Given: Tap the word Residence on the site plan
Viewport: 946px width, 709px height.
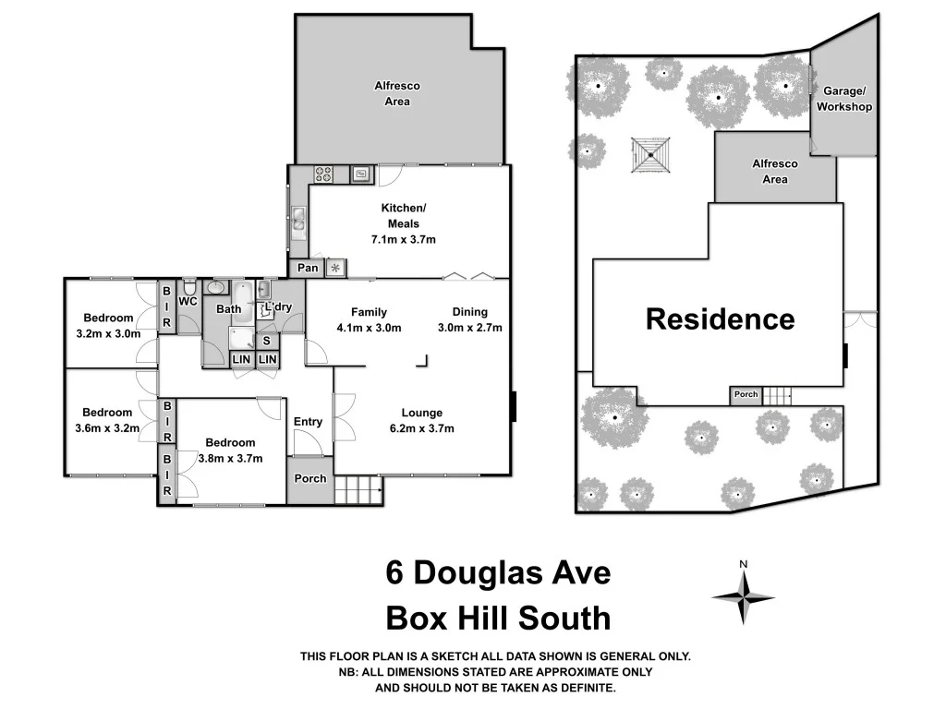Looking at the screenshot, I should pos(720,319).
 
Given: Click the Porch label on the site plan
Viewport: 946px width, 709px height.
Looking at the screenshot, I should pos(746,395).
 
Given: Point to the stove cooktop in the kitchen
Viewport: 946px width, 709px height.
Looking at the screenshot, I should pos(323,172).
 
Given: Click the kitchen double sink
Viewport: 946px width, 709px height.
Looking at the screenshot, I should pos(298,220).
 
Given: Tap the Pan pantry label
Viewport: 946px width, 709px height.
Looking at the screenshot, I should pos(309,269).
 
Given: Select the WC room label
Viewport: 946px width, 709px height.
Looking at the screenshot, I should pos(188,301).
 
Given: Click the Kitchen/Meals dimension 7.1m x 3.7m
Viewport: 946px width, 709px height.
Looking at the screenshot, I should pos(403,240).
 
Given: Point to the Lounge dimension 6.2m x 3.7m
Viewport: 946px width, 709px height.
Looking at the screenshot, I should pos(421,428).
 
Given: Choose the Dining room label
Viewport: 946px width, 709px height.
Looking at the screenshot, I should pos(469,312).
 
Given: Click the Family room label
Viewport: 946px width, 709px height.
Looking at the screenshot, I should pos(369,312).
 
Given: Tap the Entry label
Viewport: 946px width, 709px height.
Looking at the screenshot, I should pos(308,422).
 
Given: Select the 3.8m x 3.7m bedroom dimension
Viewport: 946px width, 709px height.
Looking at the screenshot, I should pos(230,458).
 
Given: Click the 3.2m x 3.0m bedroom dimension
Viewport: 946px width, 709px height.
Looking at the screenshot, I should pos(108,334).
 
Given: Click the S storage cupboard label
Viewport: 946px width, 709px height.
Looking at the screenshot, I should pos(266,341).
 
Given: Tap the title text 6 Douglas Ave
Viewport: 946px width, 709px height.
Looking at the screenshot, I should pos(498,573).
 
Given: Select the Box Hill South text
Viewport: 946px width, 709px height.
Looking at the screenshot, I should pos(498,617).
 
